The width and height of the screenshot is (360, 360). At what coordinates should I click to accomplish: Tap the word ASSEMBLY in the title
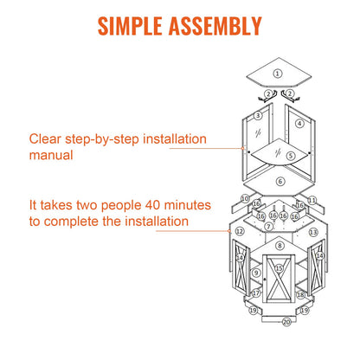(x=215, y=26)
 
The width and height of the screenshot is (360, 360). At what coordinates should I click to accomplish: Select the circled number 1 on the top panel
(x=278, y=74)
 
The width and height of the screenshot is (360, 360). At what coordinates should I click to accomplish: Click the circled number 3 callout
(x=258, y=116)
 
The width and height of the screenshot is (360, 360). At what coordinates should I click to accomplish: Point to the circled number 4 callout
(x=299, y=124)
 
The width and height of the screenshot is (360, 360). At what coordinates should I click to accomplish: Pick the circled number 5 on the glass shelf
(x=291, y=156)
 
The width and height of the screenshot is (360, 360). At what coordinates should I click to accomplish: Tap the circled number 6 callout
(x=280, y=182)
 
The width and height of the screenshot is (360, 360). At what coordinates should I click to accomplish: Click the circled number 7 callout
(x=269, y=227)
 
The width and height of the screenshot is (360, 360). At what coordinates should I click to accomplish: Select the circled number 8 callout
(x=280, y=246)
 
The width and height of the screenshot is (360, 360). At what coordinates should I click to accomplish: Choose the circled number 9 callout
(x=256, y=273)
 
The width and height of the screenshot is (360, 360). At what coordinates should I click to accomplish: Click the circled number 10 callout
(x=245, y=199)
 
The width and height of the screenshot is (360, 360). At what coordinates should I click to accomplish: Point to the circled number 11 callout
(x=312, y=200)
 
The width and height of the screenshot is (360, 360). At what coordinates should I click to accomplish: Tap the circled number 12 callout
(x=240, y=231)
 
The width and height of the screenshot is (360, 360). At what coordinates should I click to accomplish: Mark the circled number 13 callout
(x=313, y=232)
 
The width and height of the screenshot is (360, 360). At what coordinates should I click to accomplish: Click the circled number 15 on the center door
(x=279, y=268)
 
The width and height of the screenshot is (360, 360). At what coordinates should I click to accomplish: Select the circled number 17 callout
(x=256, y=293)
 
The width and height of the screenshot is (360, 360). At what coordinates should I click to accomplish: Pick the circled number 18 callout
(x=300, y=294)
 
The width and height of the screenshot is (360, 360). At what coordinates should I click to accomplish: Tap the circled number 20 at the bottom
(x=286, y=322)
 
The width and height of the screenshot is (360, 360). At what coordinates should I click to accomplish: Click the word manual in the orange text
(x=51, y=155)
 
